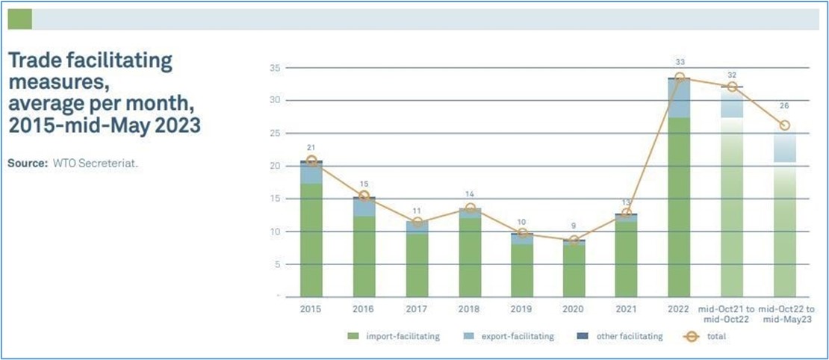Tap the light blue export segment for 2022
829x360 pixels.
[x=679, y=99]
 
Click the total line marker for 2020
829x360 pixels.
[x=574, y=240]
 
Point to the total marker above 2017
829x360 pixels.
[x=417, y=222]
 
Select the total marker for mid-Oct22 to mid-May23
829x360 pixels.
[x=784, y=125]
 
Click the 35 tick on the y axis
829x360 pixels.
[x=276, y=68]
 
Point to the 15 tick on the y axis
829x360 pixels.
[x=276, y=199]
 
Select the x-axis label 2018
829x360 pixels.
[x=469, y=308]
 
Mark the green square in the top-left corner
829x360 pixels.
[x=19, y=19]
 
